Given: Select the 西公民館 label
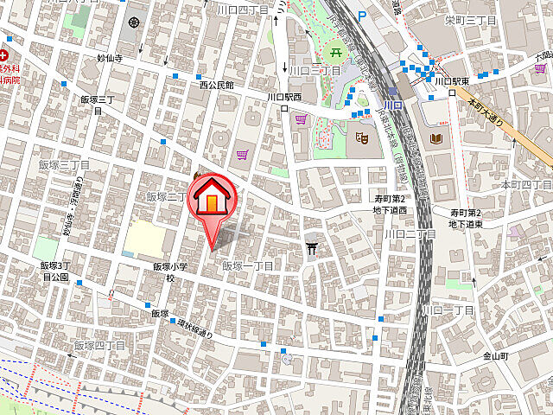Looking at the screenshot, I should tap(217, 85).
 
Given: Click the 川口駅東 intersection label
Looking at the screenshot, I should tap(450, 82).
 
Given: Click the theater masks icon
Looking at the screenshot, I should tap(362, 134).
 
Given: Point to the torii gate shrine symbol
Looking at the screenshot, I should tap(312, 248).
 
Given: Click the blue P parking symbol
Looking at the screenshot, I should tap(362, 15).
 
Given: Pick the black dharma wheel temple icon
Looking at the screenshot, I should tap(134, 22).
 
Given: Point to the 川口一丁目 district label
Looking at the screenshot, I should tap(447, 310).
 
